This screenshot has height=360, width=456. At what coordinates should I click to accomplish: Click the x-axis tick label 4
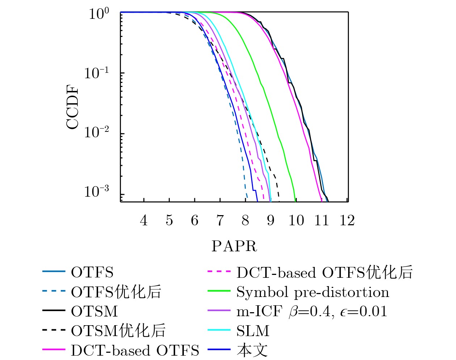tap(144, 221)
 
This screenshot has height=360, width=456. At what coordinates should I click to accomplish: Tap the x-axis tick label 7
tap(220, 221)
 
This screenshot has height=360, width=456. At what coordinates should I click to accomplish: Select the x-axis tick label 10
tap(296, 221)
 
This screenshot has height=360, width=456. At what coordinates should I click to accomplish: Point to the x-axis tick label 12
tap(347, 221)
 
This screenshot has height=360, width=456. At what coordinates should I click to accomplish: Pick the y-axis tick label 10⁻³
tap(96, 191)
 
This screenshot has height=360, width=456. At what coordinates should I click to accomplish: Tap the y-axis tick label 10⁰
tap(99, 14)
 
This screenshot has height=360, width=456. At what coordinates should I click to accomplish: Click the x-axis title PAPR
tap(234, 247)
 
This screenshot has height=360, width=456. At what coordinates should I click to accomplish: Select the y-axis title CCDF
tap(72, 107)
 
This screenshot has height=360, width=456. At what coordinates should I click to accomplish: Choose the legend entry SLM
tap(253, 331)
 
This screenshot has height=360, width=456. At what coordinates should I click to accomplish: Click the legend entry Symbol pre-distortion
tap(313, 292)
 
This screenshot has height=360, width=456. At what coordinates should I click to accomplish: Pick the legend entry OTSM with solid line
tap(94, 311)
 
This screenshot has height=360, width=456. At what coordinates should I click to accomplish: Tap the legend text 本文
tap(252, 350)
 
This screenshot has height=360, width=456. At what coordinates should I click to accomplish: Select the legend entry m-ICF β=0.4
tap(312, 311)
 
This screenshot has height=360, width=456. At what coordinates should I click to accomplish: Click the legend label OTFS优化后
tap(116, 292)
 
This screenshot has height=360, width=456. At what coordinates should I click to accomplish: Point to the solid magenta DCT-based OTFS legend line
tap(54, 350)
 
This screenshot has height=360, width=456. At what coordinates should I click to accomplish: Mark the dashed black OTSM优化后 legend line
tap(54, 330)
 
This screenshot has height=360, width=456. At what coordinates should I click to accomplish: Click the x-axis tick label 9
tap(271, 221)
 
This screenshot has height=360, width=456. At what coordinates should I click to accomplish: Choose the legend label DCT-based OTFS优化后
tap(325, 272)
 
